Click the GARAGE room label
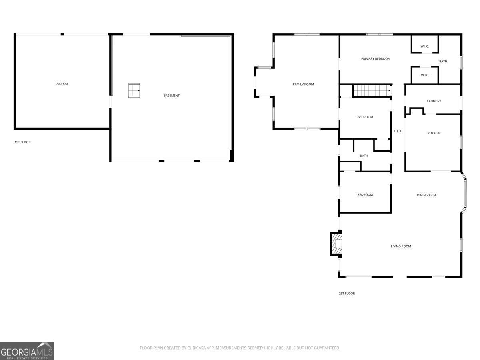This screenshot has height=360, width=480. coord(62,84)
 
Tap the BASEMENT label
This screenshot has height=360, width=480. coord(172,96)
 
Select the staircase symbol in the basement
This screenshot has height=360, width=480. coord(134,90)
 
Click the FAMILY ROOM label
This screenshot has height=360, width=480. coord(303,84)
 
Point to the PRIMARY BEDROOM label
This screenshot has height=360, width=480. coord(376,59)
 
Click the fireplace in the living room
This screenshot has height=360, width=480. coord(336,244)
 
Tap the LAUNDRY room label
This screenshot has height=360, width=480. coord(434,101)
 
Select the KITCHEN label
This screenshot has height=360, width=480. coord(434,133)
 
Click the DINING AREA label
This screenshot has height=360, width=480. coord(426,195)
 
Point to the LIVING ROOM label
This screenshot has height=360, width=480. coord(401,246)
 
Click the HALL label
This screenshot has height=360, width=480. coord(398,131)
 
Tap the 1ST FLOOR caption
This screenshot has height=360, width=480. coord(22,142)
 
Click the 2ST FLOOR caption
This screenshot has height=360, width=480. coord(347,294)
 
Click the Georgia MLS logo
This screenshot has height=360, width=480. coord(27,351)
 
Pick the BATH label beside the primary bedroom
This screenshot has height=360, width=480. coord(443,62)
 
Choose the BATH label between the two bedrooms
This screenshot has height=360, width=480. coord(364,156)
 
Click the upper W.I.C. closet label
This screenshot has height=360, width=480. coord(424,46)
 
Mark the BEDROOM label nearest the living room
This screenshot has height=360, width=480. coord(365,195)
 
